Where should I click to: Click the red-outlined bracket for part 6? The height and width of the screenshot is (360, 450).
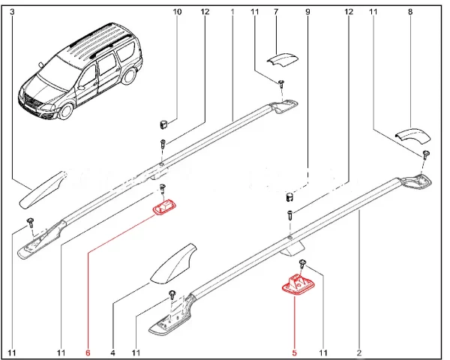(x=163, y=206)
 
